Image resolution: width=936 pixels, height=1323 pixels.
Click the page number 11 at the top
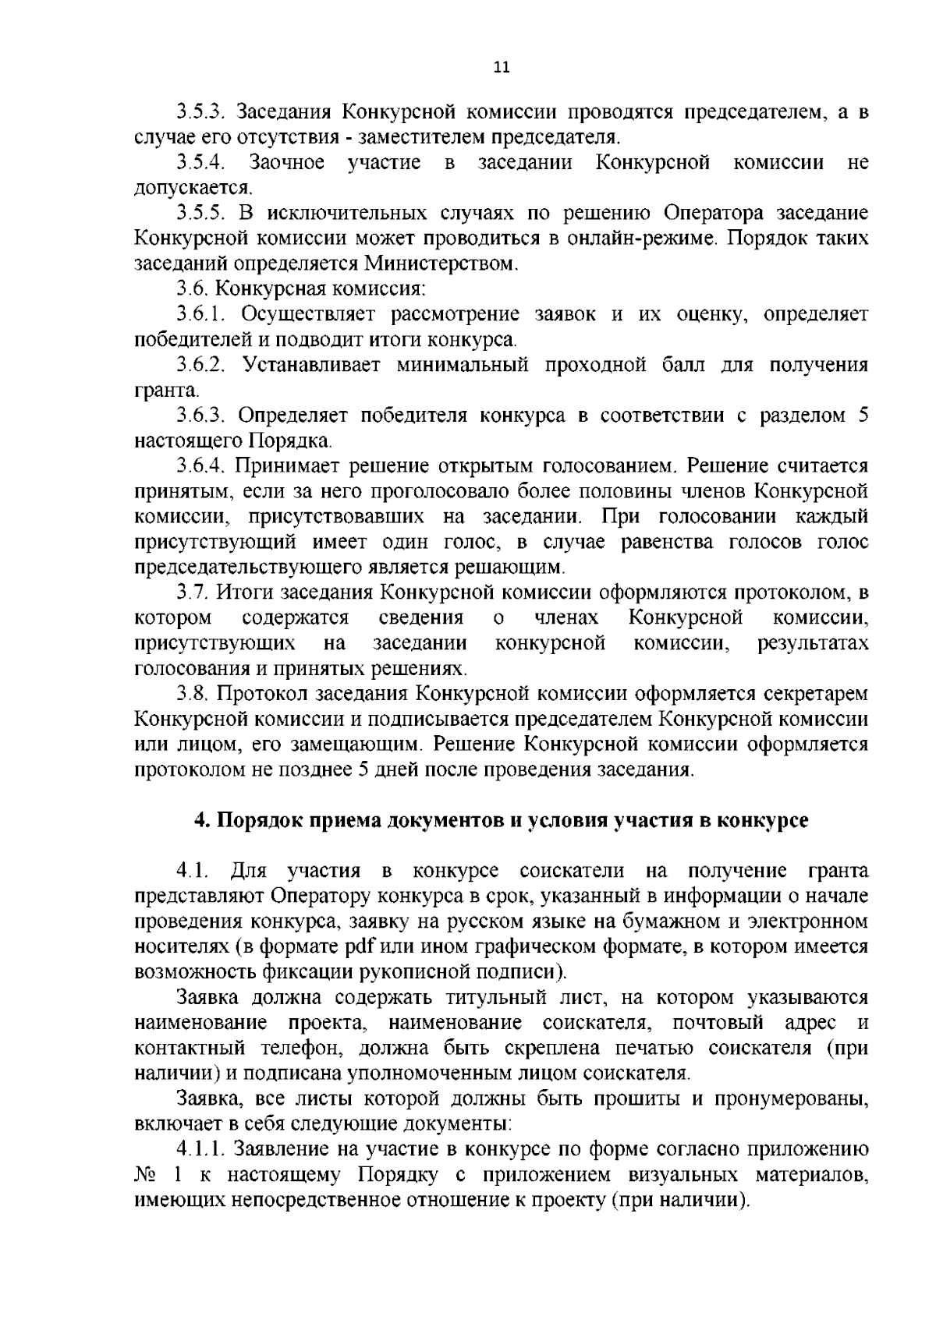coord(502,67)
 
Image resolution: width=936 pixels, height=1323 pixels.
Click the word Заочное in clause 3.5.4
coord(286,163)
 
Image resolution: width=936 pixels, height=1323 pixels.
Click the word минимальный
coord(461,365)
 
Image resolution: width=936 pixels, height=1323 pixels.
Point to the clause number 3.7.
coord(193,593)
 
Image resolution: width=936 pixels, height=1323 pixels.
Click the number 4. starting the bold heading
coord(201,821)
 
